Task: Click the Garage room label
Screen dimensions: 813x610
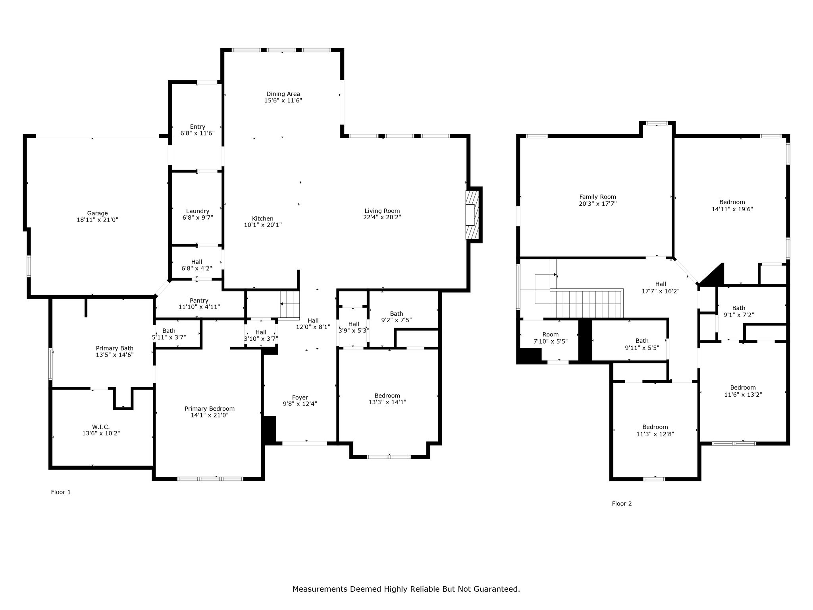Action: click(97, 213)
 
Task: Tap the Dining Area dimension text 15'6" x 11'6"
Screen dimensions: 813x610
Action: click(283, 100)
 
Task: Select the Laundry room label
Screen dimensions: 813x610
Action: click(198, 211)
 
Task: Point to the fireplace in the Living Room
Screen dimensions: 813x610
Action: click(473, 215)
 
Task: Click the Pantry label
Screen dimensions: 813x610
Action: click(199, 301)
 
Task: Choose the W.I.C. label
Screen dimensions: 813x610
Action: click(101, 427)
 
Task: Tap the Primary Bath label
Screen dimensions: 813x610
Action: click(114, 348)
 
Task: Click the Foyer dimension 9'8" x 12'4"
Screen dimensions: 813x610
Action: click(300, 404)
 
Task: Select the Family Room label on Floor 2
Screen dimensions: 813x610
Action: click(597, 197)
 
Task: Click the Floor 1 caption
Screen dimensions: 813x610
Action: click(61, 492)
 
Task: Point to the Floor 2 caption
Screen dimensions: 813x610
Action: click(622, 504)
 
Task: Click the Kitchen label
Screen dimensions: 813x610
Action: click(262, 218)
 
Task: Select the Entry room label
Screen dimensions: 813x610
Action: click(198, 127)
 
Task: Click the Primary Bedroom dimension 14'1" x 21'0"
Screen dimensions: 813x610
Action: click(210, 415)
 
